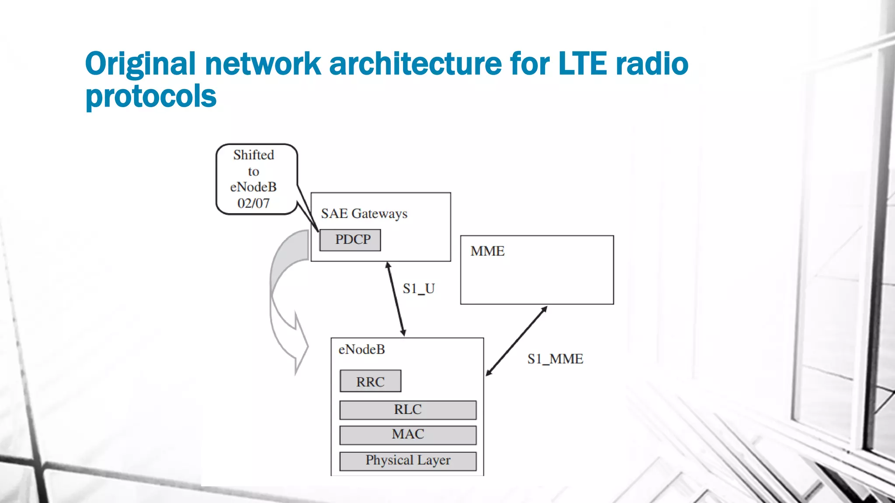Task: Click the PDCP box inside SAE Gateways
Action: [350, 240]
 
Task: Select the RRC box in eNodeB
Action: [370, 381]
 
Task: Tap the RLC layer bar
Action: [408, 410]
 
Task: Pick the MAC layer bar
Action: [408, 435]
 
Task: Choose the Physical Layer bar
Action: [408, 461]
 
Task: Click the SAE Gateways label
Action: [364, 214]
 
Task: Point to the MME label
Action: [487, 251]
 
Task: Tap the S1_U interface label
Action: [418, 289]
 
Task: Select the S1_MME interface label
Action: [555, 359]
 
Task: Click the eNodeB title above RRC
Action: [361, 349]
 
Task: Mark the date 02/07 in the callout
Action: [253, 203]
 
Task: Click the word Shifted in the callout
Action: [253, 155]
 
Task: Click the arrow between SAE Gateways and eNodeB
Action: [395, 299]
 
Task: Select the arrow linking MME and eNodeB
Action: [517, 341]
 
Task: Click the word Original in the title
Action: [140, 64]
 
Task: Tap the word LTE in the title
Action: [583, 64]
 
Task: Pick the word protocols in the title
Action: [151, 96]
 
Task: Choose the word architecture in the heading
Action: [415, 64]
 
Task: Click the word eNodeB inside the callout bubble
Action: [253, 187]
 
